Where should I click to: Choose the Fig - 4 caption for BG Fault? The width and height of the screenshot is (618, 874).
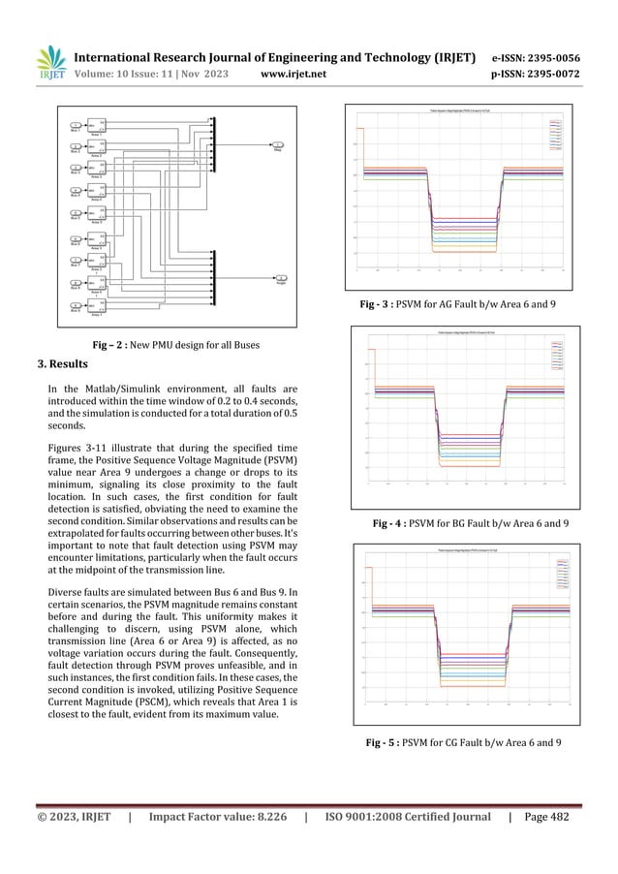(470, 523)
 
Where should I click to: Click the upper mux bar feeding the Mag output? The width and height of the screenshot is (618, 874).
(212, 144)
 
